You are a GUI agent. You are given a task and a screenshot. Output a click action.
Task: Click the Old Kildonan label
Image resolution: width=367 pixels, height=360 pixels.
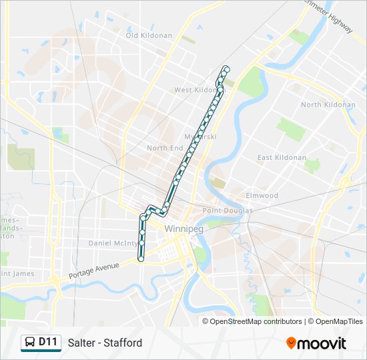[x=148, y=35]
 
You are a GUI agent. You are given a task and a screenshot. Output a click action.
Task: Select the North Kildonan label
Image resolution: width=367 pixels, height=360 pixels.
[x=328, y=105]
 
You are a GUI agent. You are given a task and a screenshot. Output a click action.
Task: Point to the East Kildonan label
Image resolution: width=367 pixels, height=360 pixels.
[x=282, y=158]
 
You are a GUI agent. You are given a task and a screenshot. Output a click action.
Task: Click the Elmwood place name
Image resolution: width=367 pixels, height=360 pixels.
[x=262, y=195]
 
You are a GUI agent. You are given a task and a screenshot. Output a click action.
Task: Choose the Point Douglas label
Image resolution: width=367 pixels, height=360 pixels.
[x=228, y=211]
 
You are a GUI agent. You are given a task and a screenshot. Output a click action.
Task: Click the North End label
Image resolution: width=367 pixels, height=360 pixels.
[x=165, y=148]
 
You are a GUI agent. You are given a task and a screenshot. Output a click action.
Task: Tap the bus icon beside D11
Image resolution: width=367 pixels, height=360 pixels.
[x=29, y=343]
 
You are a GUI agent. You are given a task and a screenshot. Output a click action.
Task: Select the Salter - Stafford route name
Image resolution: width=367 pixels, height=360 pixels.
[x=105, y=343]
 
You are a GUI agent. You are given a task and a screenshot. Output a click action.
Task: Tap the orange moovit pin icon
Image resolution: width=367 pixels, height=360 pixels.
[x=291, y=343]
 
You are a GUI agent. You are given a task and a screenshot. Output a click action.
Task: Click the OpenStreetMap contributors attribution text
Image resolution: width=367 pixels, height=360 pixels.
[x=256, y=321]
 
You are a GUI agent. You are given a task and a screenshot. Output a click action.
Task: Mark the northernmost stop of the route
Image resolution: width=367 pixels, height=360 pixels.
[x=227, y=69]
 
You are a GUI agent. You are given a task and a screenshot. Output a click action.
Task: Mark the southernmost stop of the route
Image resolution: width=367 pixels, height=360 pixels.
[x=141, y=258]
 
